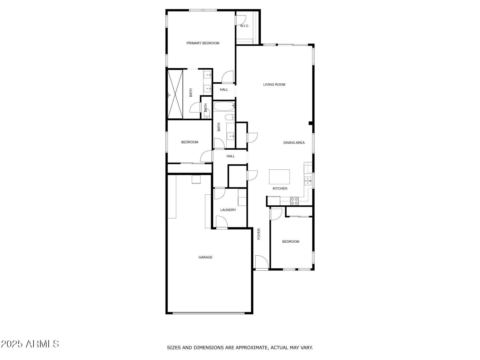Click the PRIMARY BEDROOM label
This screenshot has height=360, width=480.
203,43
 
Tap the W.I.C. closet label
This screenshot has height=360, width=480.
244,26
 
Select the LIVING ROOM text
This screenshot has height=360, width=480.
274,84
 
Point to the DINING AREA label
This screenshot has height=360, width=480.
294,143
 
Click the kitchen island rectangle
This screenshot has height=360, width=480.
279,177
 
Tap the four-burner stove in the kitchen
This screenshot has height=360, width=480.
294,201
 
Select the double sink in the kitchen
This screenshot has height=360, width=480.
308,181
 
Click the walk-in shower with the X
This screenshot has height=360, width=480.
175,94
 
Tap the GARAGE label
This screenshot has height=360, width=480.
205,257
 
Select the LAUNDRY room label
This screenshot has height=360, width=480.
228,210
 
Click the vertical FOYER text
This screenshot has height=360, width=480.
259,234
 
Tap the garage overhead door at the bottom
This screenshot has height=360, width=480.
208,313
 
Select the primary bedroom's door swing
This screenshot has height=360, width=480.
227,77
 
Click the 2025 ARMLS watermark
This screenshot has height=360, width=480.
30,344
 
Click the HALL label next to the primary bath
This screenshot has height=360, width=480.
224,90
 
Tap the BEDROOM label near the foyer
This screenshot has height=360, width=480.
290,242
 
